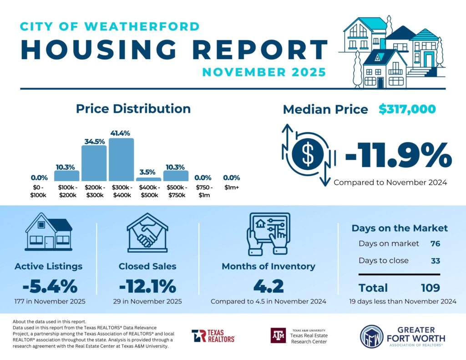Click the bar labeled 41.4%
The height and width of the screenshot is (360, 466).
(x=121, y=159)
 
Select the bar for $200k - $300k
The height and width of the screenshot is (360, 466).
(x=94, y=163)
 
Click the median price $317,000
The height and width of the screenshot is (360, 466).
(x=407, y=109)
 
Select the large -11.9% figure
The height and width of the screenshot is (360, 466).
(x=398, y=156)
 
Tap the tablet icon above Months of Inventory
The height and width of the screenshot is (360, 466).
(x=268, y=233)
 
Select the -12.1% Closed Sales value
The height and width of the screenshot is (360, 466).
(x=147, y=286)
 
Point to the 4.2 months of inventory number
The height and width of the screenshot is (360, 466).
(x=268, y=286)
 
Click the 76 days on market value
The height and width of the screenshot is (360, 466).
(x=435, y=243)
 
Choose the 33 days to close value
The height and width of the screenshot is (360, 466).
(x=435, y=261)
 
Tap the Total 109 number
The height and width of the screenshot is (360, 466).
(x=430, y=288)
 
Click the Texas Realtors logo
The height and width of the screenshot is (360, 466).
(x=213, y=336)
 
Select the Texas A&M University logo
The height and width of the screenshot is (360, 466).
(x=277, y=335)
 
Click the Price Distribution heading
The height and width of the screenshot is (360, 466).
(x=133, y=109)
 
